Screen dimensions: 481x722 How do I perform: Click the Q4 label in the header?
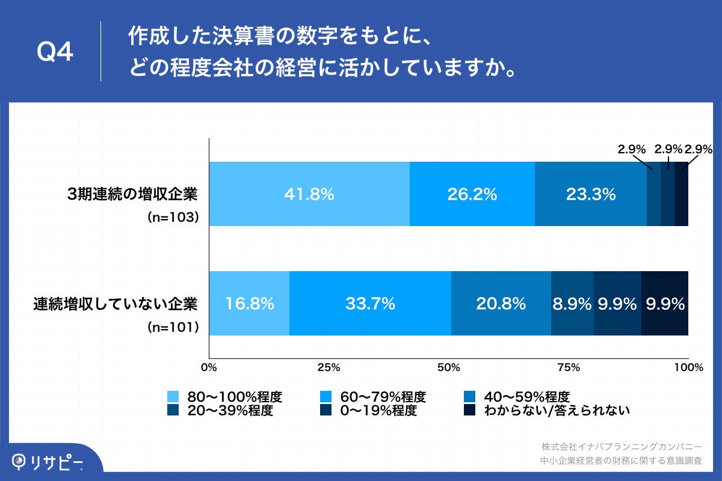pos(55,53)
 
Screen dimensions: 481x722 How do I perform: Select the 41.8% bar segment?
pos(309,194)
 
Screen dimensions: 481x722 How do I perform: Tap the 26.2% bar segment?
pos(472,194)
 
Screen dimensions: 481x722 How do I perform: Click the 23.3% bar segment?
pos(590,194)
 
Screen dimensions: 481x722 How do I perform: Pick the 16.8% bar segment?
pos(249,304)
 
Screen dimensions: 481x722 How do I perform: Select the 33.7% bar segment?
pos(370,304)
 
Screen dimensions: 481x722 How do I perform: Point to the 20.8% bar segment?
pos(501,304)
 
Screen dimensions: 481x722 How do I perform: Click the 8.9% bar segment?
pos(572,304)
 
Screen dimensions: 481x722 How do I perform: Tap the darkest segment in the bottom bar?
pos(665,304)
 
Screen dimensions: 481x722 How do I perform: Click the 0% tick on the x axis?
pos(209,367)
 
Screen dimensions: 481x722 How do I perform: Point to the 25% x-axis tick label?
pos(329,367)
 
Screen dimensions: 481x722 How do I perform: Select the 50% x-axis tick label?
pos(448,367)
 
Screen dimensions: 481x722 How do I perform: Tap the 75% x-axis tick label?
pos(568,367)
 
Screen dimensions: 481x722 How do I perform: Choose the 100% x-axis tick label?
pos(688,367)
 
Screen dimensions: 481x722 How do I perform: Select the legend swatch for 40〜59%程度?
pos(471,397)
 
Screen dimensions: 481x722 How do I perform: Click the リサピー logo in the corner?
pos(48,462)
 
